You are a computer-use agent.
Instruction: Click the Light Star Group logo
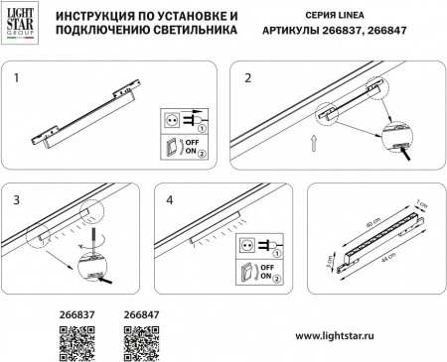point(22,24)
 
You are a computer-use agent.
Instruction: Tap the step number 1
point(16,75)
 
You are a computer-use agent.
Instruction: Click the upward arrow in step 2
point(315,144)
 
